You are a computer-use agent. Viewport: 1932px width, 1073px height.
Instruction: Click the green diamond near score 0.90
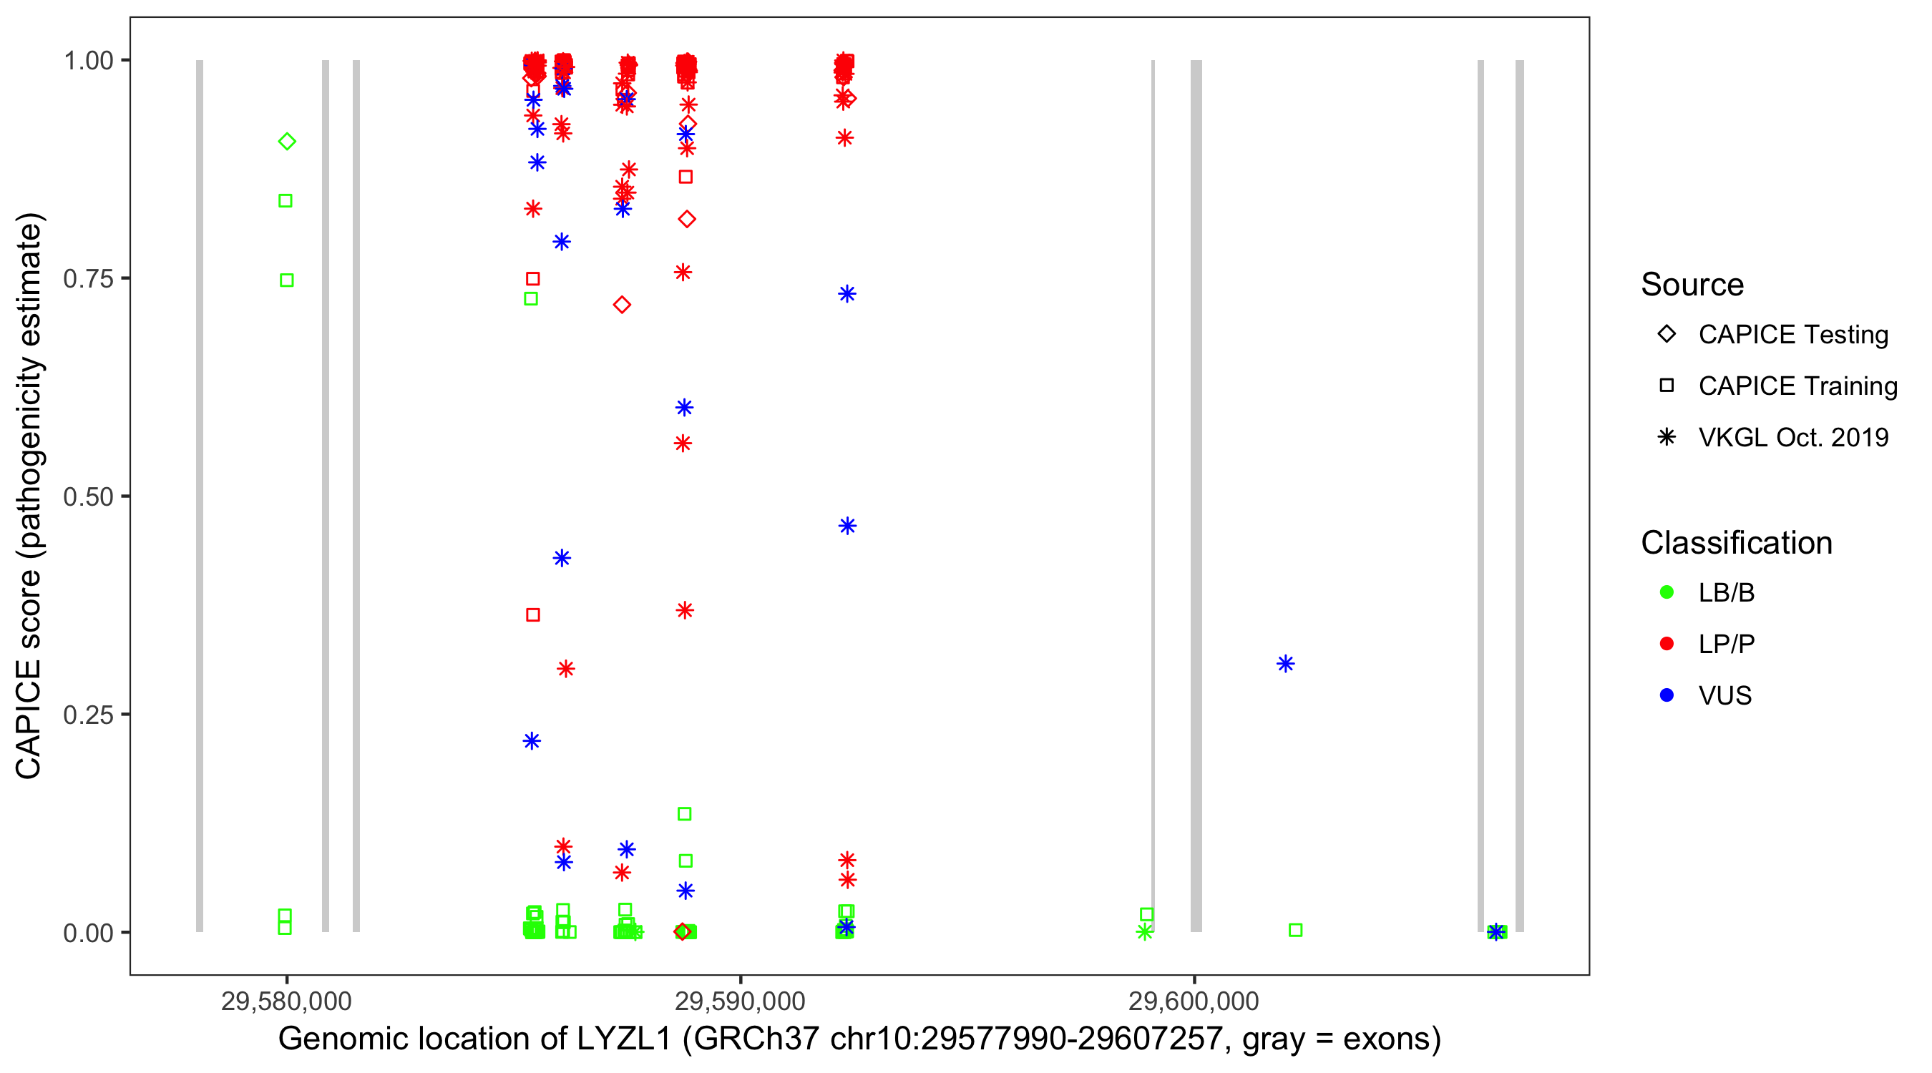click(286, 141)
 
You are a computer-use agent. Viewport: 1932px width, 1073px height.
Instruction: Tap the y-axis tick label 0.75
click(87, 279)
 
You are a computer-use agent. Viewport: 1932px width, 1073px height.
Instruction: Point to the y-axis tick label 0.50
click(87, 496)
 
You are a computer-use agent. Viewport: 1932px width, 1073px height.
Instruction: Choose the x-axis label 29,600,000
click(1194, 1001)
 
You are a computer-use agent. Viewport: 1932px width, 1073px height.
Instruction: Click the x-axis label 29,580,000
click(286, 1001)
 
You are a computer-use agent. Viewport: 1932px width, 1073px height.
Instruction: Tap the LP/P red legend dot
click(1667, 644)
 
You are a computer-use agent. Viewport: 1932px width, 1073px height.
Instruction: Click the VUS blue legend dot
click(1667, 695)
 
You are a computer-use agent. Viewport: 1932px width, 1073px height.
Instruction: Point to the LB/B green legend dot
click(1667, 592)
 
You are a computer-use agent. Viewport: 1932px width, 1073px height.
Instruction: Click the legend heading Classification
click(1736, 543)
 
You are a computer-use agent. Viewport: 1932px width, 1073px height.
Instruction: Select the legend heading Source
click(1692, 285)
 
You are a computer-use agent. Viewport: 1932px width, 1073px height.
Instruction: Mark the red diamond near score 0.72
click(622, 305)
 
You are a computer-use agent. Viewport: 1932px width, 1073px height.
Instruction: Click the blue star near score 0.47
click(847, 526)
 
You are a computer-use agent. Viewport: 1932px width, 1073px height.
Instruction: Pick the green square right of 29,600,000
click(1295, 930)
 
